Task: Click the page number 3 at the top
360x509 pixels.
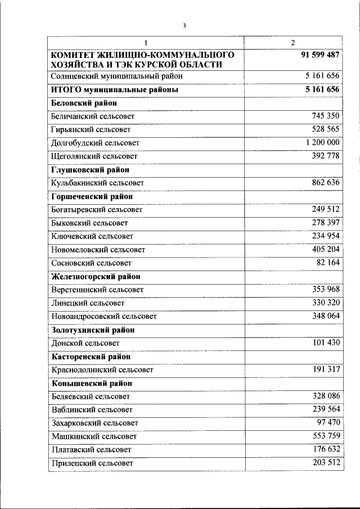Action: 184,25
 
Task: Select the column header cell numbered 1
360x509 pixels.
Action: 145,43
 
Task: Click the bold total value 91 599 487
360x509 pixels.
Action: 321,55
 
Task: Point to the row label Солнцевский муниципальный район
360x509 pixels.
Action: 116,76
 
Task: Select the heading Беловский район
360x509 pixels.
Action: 84,103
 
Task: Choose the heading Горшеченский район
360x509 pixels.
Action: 92,196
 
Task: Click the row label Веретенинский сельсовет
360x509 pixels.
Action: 97,290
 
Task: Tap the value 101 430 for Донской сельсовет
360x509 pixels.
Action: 326,343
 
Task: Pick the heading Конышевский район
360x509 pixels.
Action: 92,383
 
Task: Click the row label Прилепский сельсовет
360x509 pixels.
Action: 92,463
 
